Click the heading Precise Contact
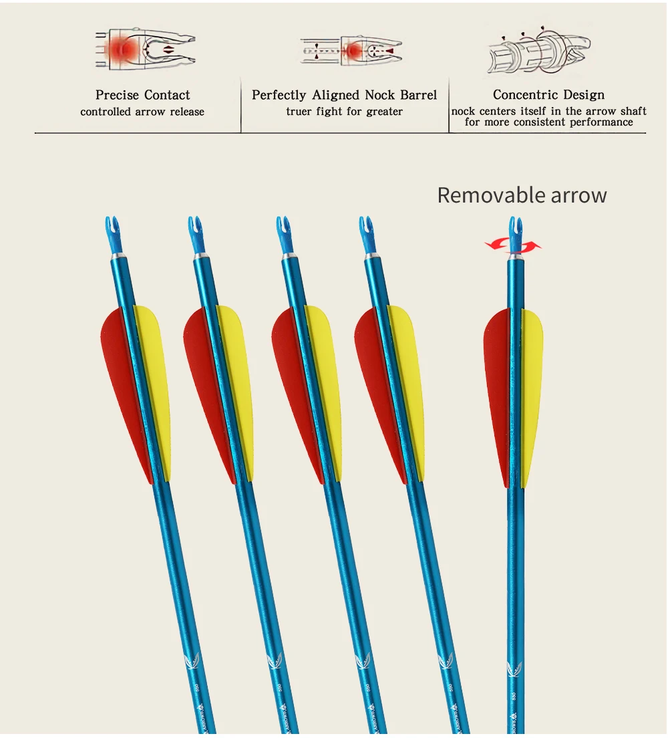[x=142, y=95]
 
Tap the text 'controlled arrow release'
[x=142, y=112]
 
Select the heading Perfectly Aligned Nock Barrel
[x=344, y=95]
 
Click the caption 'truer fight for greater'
[x=344, y=112]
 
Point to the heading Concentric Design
[x=548, y=95]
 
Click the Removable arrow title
[x=522, y=195]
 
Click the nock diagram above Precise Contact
[x=144, y=48]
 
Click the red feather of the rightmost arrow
[x=497, y=388]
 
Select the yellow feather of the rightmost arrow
[x=532, y=388]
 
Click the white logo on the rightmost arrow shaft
[x=514, y=666]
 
